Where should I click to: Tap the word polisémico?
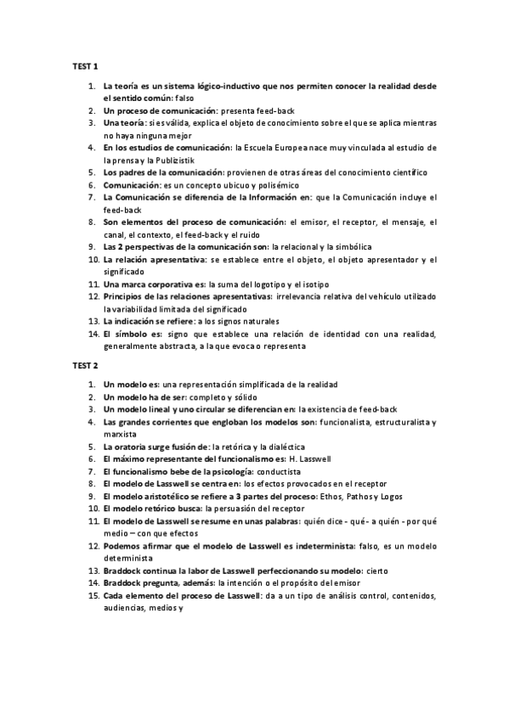(x=274, y=184)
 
